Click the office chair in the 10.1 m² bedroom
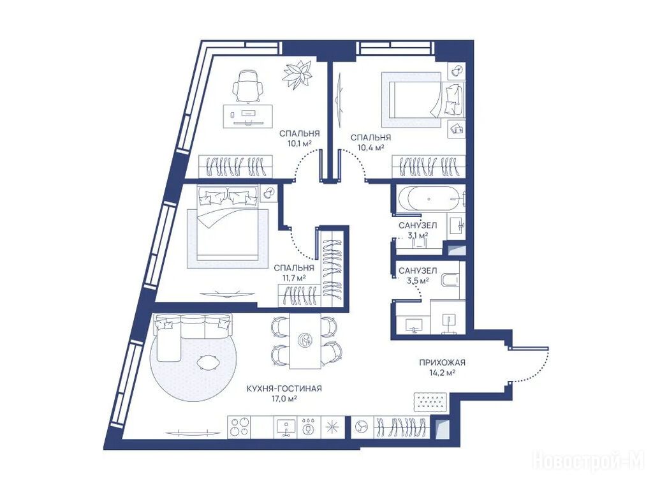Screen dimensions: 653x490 pos(248,87)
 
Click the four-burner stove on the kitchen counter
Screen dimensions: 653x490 pos(239,427)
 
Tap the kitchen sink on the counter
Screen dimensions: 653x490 pos(286,427)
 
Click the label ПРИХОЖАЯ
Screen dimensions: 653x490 pos(442,362)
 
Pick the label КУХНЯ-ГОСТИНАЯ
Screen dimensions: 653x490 pos(284,389)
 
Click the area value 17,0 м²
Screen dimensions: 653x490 pos(284,399)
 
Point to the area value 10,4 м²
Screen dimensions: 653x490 pos(371,147)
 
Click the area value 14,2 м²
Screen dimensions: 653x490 pos(442,373)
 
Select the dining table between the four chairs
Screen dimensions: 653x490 pos(305,341)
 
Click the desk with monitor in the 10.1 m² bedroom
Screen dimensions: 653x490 pos(248,116)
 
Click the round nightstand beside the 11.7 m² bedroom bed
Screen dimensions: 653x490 pos(268,193)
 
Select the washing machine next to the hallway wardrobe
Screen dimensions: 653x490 pos(362,427)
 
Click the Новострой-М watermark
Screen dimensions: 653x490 pos(588,461)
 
